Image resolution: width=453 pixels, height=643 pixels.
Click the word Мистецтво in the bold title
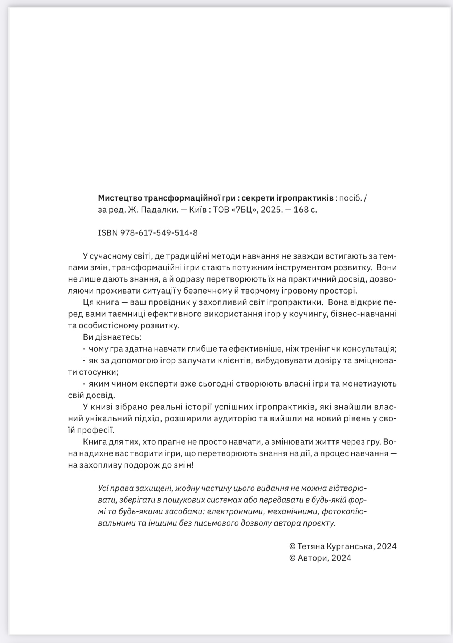click(120, 198)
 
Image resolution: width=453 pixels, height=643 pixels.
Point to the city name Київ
click(198, 210)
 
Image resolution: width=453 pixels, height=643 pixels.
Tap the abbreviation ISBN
click(108, 233)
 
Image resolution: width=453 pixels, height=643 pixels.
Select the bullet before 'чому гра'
click(84, 349)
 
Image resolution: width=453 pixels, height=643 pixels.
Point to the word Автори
click(312, 558)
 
